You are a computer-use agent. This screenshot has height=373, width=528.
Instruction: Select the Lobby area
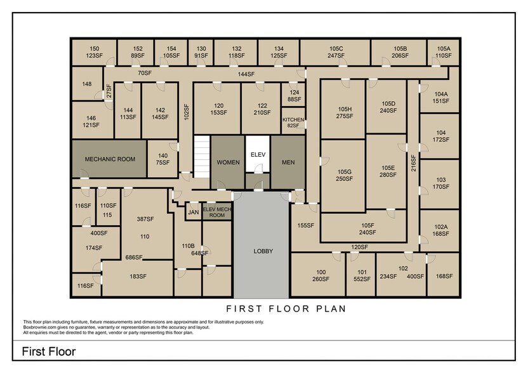coord(263,251)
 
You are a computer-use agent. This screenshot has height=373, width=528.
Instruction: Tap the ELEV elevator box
coord(258,154)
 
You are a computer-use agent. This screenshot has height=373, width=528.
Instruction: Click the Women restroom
coord(228,162)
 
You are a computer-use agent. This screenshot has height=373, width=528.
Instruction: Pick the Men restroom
coord(288,162)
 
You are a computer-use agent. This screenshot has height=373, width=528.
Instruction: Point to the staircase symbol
coord(202,157)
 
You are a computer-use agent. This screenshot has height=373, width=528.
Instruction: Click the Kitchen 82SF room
coord(293,122)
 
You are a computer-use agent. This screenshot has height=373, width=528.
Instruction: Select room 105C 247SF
coord(336,52)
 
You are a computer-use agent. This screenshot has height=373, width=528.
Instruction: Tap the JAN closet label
coord(193,213)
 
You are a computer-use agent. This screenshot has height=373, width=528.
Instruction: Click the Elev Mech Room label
coord(217,213)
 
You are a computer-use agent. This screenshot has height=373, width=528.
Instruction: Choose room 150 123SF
coord(94,52)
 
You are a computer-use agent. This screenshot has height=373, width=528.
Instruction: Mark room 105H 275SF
coord(344,112)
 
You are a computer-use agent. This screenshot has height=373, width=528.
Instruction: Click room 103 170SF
coord(441,184)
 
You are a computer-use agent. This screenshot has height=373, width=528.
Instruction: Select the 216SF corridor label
coord(413,164)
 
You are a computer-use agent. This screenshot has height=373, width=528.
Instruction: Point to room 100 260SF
coord(320,275)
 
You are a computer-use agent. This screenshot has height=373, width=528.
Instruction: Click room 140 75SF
coord(163,159)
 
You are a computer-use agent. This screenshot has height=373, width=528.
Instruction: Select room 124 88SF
coord(294,96)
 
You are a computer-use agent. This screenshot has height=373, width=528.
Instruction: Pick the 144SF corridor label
coord(246,74)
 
